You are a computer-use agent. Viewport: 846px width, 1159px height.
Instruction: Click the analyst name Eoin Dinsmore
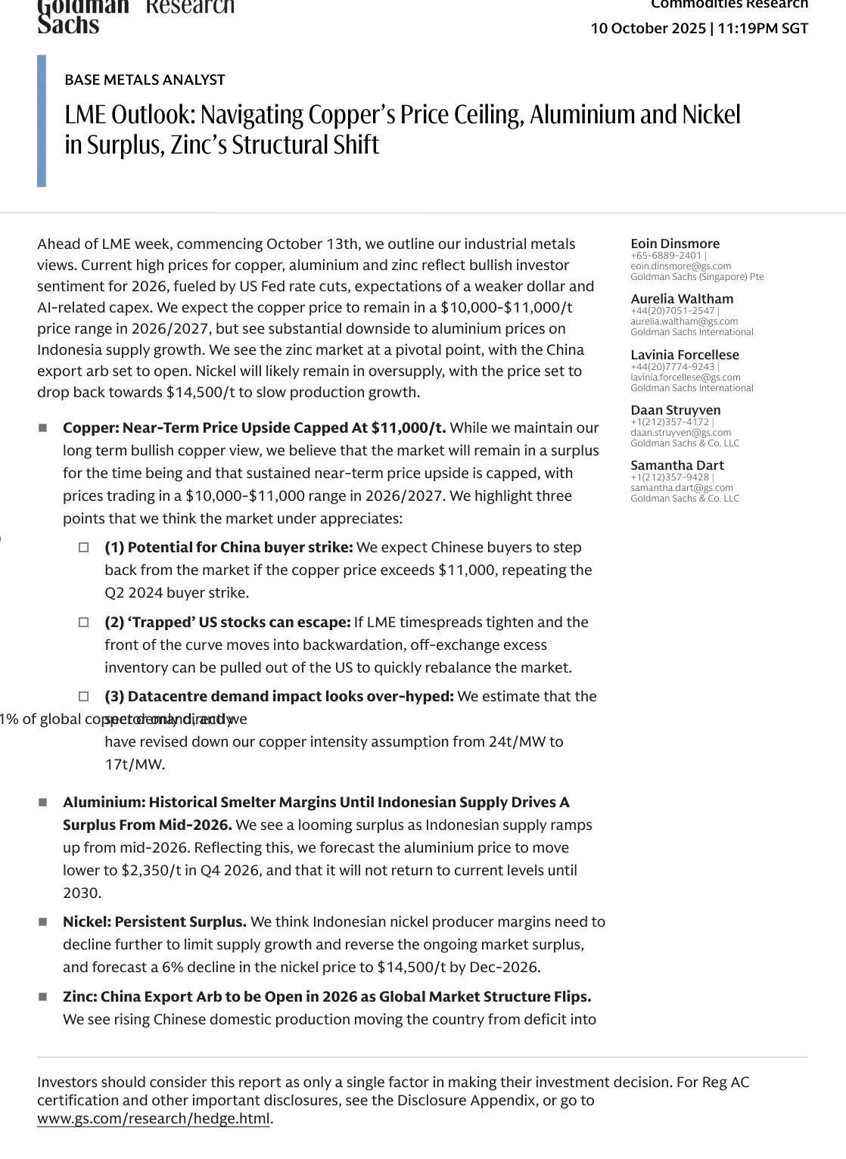[x=675, y=244]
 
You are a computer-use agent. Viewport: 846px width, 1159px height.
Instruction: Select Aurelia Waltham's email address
[x=684, y=322]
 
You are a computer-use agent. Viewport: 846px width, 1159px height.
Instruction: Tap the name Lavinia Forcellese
[x=685, y=355]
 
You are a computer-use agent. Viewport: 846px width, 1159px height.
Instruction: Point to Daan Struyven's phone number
[x=670, y=422]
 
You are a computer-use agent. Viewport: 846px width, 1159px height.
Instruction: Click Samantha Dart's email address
[x=682, y=488]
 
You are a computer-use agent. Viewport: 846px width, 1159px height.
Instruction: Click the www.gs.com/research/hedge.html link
[x=154, y=1118]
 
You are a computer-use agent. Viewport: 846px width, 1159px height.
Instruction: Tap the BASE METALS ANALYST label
[x=145, y=80]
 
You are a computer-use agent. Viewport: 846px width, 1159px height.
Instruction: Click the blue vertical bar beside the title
[x=42, y=121]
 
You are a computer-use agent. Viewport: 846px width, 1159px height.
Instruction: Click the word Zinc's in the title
[x=198, y=145]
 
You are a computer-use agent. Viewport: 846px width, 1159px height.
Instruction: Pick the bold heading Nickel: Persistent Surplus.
[x=154, y=922]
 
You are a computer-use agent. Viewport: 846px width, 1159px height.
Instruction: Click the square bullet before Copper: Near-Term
[x=43, y=428]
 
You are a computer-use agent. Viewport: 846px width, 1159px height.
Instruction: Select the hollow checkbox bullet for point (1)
[x=84, y=548]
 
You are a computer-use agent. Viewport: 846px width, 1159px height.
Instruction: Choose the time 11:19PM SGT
[x=764, y=29]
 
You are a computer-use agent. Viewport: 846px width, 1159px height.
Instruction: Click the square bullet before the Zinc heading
[x=43, y=997]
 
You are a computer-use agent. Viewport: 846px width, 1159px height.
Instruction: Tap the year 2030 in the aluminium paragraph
[x=81, y=893]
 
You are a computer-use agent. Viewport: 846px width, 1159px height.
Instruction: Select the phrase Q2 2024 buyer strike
[x=176, y=593]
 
